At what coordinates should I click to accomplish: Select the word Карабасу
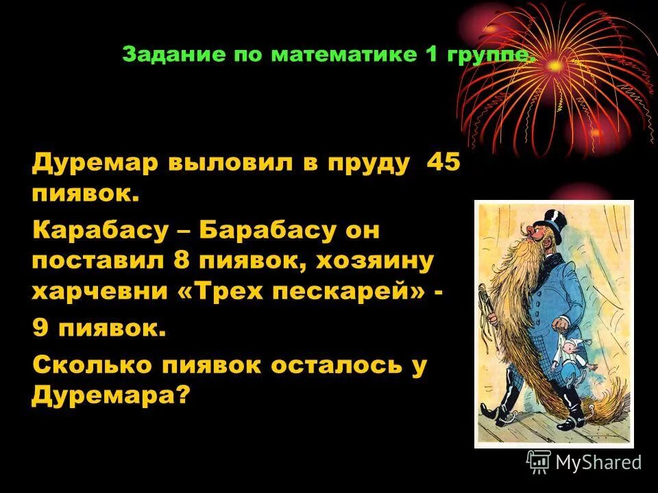[x=100, y=231]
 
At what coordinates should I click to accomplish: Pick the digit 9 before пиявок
[x=41, y=329]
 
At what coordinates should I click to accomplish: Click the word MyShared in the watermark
[x=598, y=462]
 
